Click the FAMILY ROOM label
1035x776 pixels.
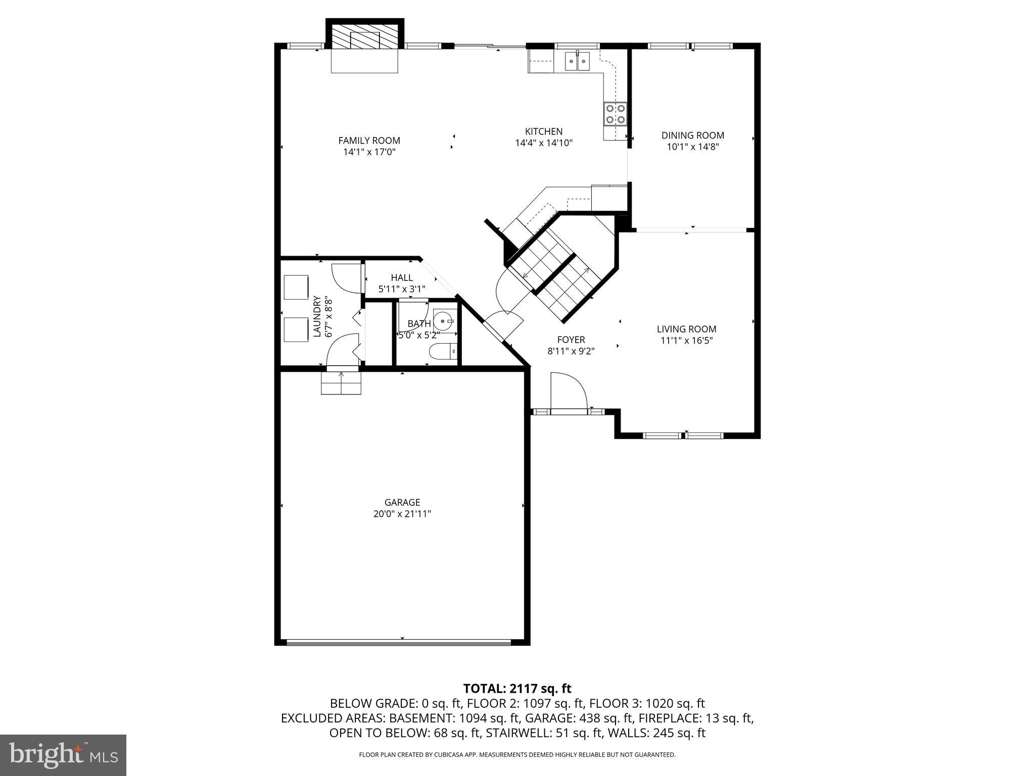[369, 140]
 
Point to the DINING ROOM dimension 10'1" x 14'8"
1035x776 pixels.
[693, 147]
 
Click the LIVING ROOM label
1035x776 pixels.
[686, 329]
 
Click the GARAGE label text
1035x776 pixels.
[402, 502]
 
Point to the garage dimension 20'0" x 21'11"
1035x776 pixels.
[402, 514]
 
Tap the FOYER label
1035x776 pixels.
[571, 339]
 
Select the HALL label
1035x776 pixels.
[402, 277]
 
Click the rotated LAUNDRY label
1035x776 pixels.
[317, 316]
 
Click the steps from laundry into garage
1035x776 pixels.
[341, 382]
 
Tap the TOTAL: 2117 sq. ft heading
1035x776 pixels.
[517, 688]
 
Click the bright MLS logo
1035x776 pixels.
[63, 755]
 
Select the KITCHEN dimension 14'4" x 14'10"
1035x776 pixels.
[543, 143]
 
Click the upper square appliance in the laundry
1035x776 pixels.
[296, 287]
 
